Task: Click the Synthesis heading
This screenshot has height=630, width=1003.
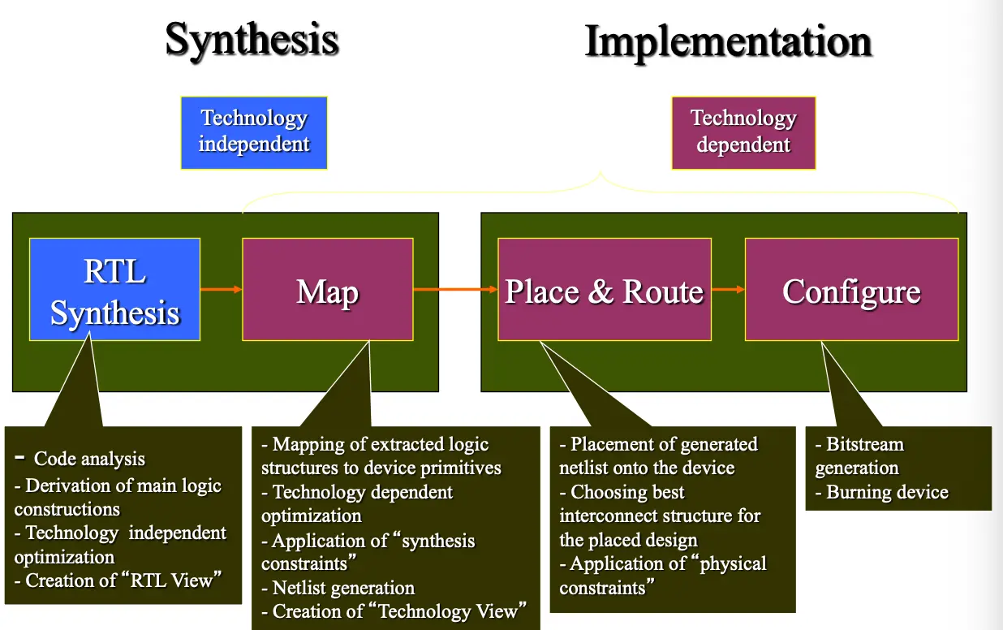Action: (252, 39)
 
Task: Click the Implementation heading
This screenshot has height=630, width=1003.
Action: (728, 41)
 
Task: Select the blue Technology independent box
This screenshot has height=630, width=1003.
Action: (254, 132)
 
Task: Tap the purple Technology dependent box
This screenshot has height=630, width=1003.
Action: (743, 132)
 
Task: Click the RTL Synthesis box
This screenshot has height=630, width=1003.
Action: (114, 290)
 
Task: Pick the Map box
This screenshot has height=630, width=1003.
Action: (327, 290)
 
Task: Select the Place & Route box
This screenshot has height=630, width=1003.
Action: (604, 290)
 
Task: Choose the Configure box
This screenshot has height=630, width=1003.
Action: (851, 290)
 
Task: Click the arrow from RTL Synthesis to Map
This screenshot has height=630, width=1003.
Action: (221, 289)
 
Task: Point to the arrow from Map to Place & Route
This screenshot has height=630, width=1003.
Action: (455, 289)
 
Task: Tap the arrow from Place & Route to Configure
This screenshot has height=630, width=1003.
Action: (728, 289)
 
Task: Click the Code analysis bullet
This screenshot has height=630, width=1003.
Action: (88, 459)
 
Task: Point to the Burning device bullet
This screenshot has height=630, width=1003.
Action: (886, 492)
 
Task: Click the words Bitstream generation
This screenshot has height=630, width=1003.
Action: (859, 456)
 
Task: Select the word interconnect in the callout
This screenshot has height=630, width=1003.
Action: (609, 516)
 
